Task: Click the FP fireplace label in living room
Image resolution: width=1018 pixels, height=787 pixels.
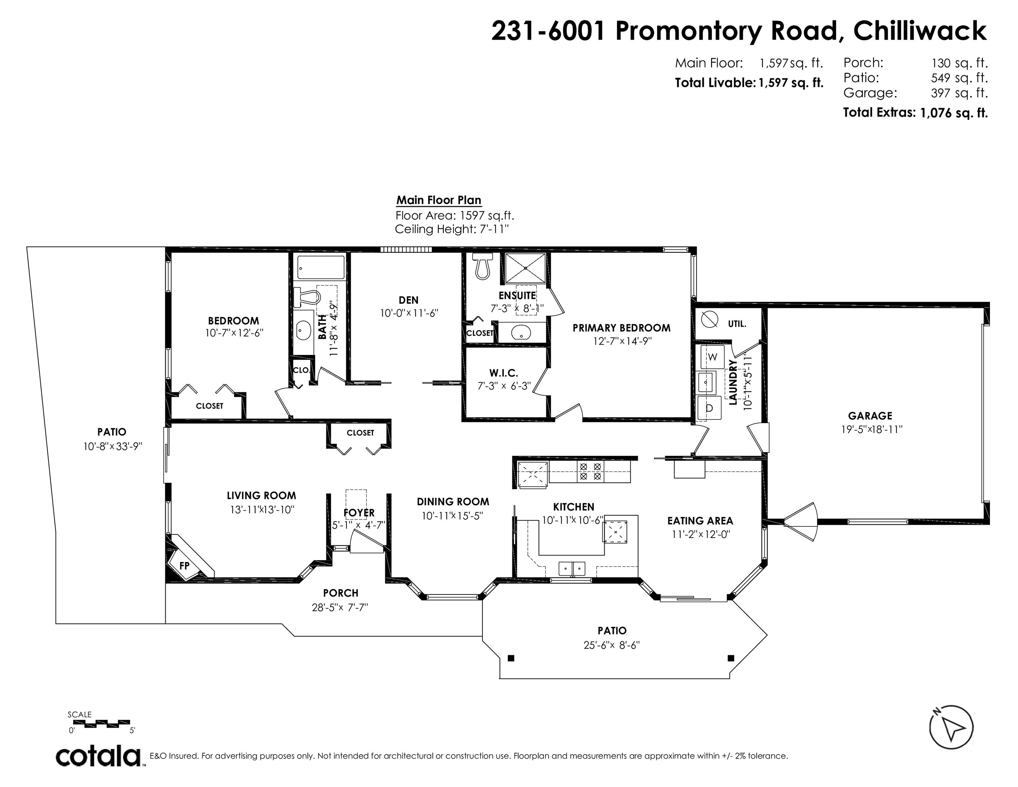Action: [x=185, y=566]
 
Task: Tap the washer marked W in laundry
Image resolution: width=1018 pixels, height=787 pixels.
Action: [x=712, y=357]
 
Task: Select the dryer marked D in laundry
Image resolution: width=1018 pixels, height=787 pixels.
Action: [x=709, y=408]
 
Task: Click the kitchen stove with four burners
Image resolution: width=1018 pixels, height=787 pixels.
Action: [x=590, y=471]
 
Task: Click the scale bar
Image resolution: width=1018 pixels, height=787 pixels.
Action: [x=101, y=723]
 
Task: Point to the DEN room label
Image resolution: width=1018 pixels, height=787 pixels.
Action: [x=408, y=300]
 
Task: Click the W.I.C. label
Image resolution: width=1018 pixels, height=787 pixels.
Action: [x=503, y=373]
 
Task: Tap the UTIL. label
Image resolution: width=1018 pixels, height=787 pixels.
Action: [x=737, y=324]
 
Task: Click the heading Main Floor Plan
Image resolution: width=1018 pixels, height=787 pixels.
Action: [x=438, y=200]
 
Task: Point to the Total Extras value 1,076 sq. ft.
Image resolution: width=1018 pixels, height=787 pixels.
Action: [x=954, y=113]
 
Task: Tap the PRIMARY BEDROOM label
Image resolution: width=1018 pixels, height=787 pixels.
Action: [x=621, y=328]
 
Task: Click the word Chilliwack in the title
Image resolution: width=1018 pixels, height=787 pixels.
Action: [x=920, y=31]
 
